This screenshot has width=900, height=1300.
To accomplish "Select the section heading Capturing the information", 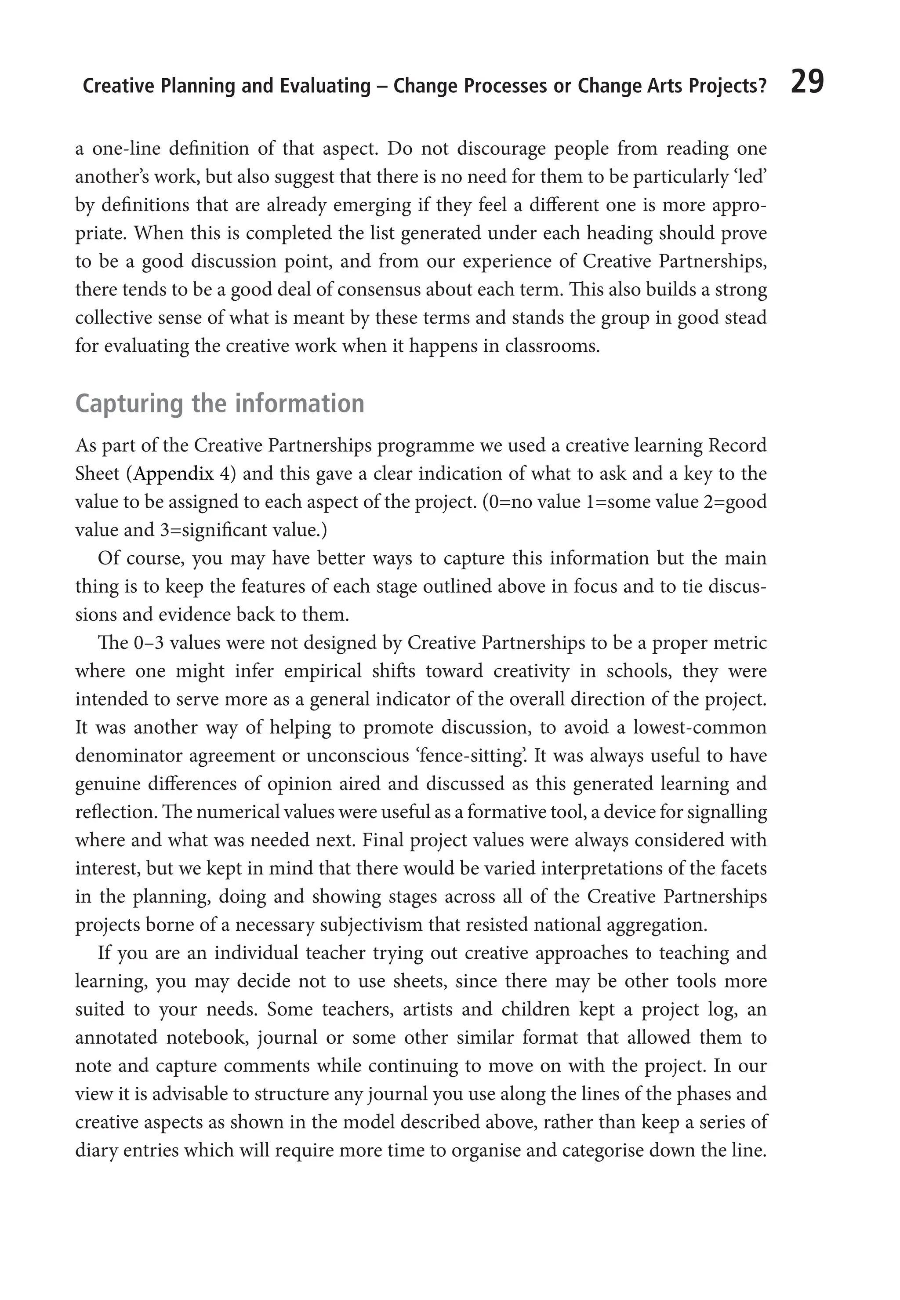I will [219, 404].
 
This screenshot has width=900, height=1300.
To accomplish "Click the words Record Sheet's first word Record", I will [737, 445].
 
